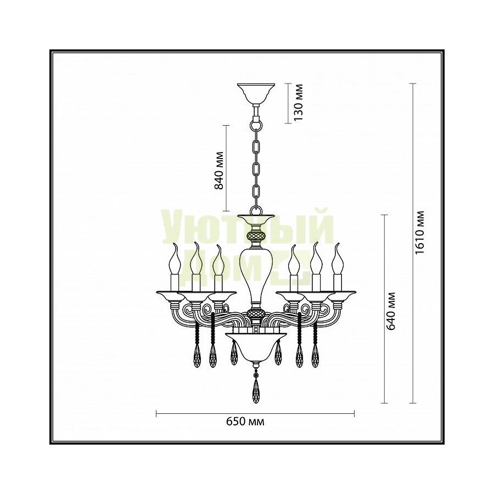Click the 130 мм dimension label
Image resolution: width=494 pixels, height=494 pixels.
point(297,102)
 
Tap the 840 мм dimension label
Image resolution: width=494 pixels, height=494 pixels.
point(218,171)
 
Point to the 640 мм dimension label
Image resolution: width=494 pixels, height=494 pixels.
point(391,311)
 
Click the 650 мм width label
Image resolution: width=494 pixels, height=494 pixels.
point(245,421)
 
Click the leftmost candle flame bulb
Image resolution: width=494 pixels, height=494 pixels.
point(175,259)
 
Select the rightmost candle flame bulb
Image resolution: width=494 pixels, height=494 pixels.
point(338,259)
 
